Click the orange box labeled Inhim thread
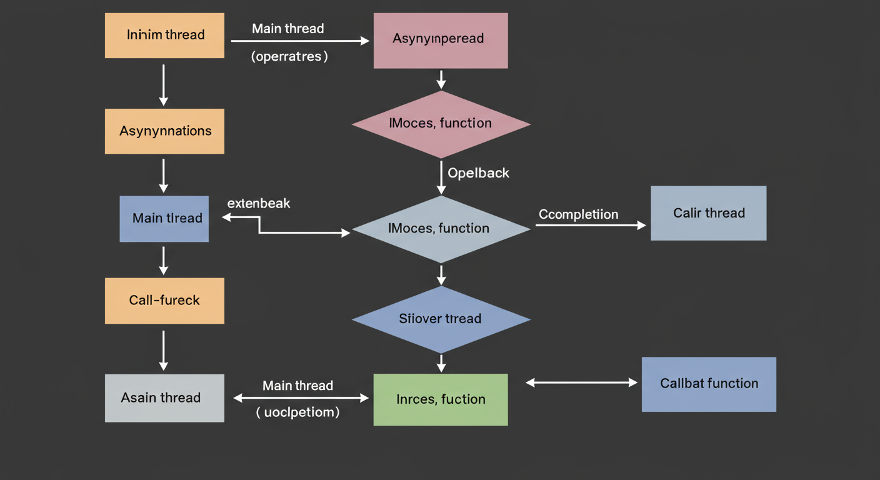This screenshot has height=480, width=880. pyautogui.click(x=164, y=35)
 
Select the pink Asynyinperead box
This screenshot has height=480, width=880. pyautogui.click(x=441, y=41)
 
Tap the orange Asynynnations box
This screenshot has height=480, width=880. pyautogui.click(x=164, y=131)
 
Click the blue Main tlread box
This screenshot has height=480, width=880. pyautogui.click(x=164, y=219)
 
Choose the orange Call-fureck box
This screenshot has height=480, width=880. pyautogui.click(x=164, y=301)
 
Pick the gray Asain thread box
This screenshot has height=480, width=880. pyautogui.click(x=164, y=398)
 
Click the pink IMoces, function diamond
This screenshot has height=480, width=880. pyautogui.click(x=441, y=124)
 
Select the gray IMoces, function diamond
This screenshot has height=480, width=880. pyautogui.click(x=441, y=229)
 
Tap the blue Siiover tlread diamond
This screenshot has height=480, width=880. pyautogui.click(x=441, y=319)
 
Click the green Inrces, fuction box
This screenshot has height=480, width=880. pyautogui.click(x=441, y=399)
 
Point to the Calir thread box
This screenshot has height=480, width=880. pyautogui.click(x=708, y=213)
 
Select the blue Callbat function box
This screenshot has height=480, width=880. pyautogui.click(x=709, y=384)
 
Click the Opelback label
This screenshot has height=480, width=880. pyautogui.click(x=479, y=173)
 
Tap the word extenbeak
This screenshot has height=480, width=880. pyautogui.click(x=259, y=203)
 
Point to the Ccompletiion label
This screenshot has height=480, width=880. pyautogui.click(x=579, y=214)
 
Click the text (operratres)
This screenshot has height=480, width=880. pyautogui.click(x=289, y=56)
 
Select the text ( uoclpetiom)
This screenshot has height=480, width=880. pyautogui.click(x=298, y=412)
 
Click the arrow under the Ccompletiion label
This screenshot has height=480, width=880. pyautogui.click(x=590, y=226)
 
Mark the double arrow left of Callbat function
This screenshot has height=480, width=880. pyautogui.click(x=581, y=382)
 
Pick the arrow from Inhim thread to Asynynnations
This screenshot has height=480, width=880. pyautogui.click(x=164, y=84)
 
